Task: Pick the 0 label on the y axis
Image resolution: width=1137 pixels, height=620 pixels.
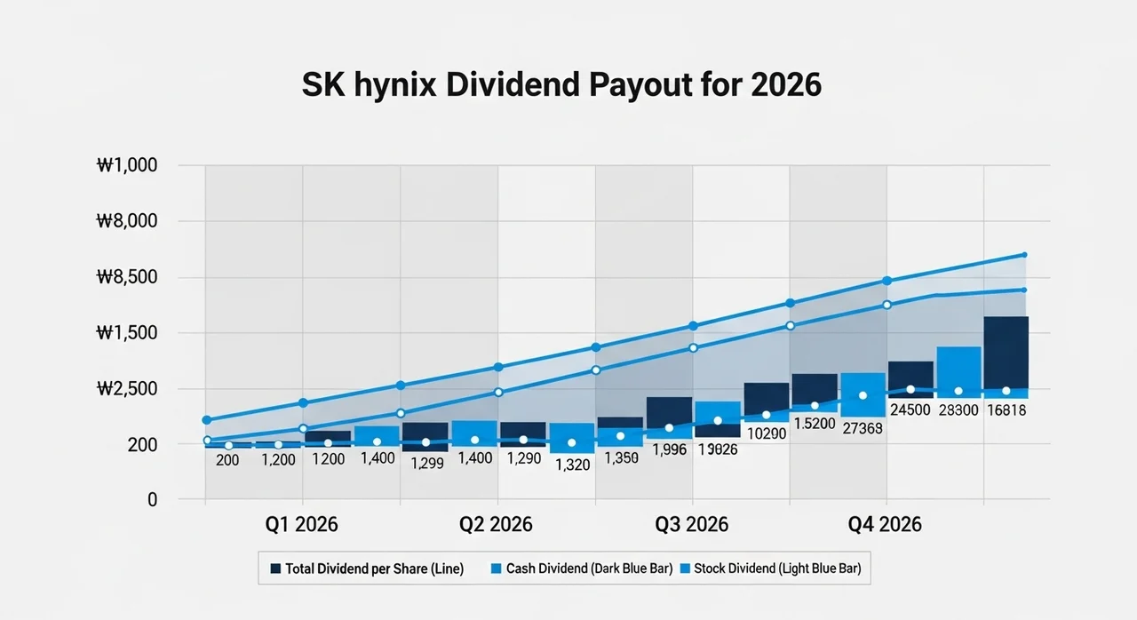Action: coord(152,500)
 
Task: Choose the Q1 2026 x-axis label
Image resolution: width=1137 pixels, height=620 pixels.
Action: coord(301,524)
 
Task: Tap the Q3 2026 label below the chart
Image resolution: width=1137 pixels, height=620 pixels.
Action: coord(691,524)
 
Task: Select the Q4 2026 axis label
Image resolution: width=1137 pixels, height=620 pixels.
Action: coord(885,524)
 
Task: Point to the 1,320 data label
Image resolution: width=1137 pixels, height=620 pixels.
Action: coord(572,464)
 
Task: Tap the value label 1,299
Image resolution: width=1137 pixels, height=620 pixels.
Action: coord(425,463)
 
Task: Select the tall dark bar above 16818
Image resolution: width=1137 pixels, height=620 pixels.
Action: coord(1006,352)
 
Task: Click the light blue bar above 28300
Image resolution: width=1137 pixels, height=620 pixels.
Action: coord(958,368)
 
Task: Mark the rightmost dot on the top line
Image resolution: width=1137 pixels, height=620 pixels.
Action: coord(1024,255)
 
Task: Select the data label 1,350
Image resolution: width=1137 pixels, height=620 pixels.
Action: coord(621,458)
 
